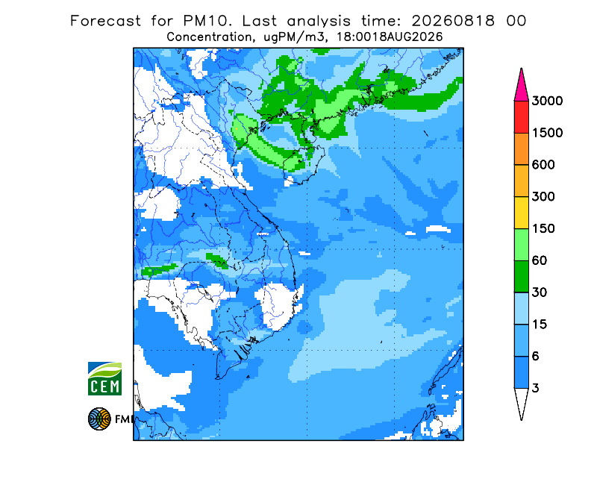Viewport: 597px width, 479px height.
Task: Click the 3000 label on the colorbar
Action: pyautogui.click(x=547, y=101)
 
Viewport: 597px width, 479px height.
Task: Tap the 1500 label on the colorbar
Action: pyautogui.click(x=547, y=133)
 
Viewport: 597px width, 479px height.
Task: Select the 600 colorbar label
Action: pyautogui.click(x=543, y=165)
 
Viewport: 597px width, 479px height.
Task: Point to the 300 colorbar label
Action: pyautogui.click(x=543, y=197)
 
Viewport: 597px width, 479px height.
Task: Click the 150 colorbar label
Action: pyautogui.click(x=543, y=229)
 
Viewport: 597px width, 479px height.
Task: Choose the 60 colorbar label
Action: pyautogui.click(x=540, y=261)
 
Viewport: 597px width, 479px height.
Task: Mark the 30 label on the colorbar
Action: pyautogui.click(x=540, y=292)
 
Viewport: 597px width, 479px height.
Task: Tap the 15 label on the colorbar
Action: pyautogui.click(x=540, y=325)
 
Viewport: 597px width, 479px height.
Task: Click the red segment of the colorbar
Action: pyautogui.click(x=521, y=117)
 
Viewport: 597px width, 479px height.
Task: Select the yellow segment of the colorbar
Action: pyautogui.click(x=521, y=213)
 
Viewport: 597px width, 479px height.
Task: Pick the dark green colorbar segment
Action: pyautogui.click(x=521, y=277)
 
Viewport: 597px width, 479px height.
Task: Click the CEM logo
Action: pyautogui.click(x=104, y=378)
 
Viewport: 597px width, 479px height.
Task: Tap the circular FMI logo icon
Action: pyautogui.click(x=99, y=419)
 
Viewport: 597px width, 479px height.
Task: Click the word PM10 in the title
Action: pyautogui.click(x=207, y=21)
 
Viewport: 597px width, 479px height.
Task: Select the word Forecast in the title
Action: pyautogui.click(x=105, y=21)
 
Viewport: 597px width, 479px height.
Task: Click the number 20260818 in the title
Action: pyautogui.click(x=453, y=21)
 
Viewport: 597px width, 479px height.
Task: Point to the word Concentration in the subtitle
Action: pyautogui.click(x=209, y=37)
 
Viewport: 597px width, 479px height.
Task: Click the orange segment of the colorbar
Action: pyautogui.click(x=521, y=149)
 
